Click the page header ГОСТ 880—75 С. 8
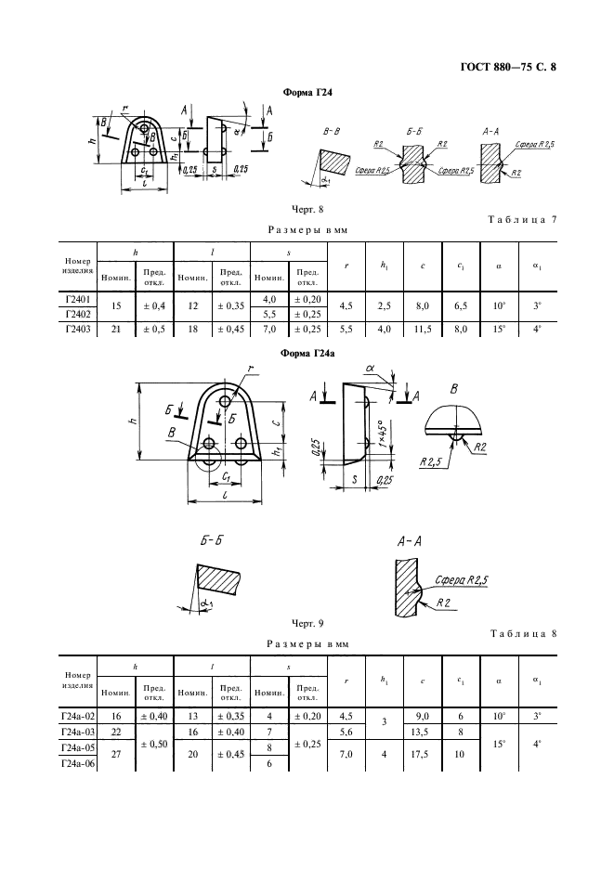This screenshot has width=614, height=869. (508, 68)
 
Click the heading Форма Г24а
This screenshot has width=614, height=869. (307, 353)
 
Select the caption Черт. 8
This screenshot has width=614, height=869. (307, 210)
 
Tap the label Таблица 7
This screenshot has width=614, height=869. (522, 219)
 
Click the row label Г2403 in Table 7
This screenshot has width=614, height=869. (77, 330)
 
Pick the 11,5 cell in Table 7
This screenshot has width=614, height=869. (423, 330)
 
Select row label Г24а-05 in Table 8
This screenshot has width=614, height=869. (78, 747)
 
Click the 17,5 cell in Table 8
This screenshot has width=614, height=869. (423, 754)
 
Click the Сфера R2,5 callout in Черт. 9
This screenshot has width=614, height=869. (461, 580)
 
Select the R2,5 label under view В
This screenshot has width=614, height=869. (430, 461)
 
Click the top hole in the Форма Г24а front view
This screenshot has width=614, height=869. (225, 401)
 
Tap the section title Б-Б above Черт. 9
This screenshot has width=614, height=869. (211, 539)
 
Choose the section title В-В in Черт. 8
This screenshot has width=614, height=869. (331, 132)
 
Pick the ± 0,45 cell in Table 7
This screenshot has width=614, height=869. (230, 330)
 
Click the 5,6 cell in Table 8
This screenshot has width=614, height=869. (346, 733)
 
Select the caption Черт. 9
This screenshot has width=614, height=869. (307, 624)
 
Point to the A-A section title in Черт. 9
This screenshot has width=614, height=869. (409, 541)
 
